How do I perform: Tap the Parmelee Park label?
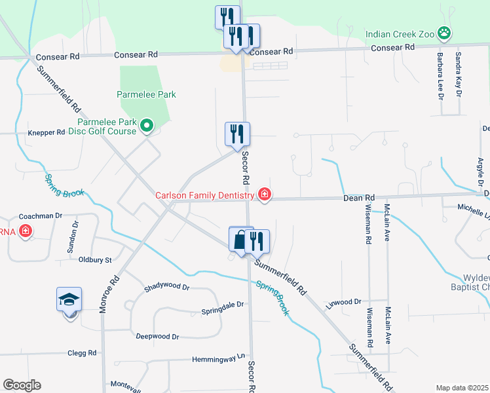click(x=147, y=94)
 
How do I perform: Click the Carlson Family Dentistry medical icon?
click(x=264, y=195)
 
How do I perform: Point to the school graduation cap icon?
click(x=69, y=299)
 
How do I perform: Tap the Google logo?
click(x=22, y=384)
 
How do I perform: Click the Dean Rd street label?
click(x=360, y=197)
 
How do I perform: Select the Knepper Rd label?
click(x=47, y=132)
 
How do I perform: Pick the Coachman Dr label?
click(x=40, y=215)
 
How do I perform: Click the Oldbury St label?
click(x=96, y=260)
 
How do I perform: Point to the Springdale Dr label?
click(x=222, y=305)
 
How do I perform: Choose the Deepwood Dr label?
click(x=157, y=336)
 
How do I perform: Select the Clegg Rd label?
click(x=82, y=352)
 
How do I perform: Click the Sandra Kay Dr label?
click(x=459, y=75)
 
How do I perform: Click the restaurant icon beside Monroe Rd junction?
click(x=237, y=134)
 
